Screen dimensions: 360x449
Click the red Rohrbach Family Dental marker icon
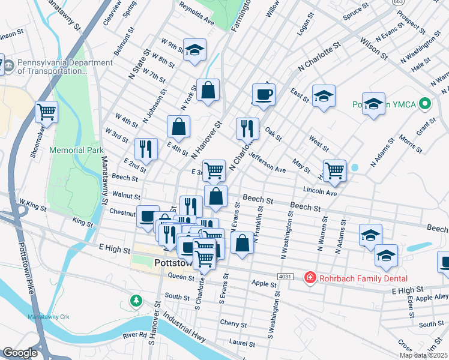[310, 277]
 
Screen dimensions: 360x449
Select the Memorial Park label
[76, 149]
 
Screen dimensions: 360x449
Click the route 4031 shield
[285, 276]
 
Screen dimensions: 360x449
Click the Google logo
[20, 353]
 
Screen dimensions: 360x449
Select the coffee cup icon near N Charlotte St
[264, 94]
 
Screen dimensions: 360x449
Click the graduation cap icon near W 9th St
[194, 50]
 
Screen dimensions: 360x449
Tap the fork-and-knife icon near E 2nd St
[146, 147]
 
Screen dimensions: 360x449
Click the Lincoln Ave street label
[321, 193]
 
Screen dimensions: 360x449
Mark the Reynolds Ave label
[196, 13]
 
